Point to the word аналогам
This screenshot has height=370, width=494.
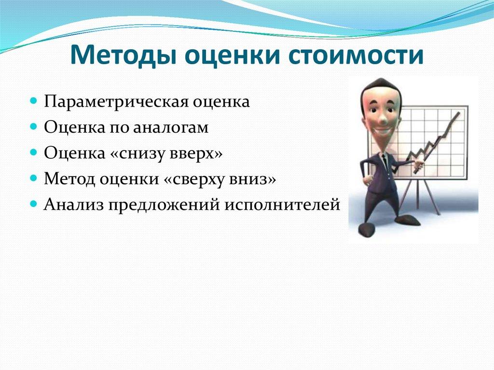tap(170, 128)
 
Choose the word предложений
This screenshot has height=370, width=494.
tap(164, 205)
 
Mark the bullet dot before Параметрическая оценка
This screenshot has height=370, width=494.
tap(33, 101)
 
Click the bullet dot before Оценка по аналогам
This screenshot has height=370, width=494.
tap(33, 127)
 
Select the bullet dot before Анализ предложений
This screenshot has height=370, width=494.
tap(33, 204)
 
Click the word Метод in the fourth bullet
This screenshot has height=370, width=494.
tap(69, 179)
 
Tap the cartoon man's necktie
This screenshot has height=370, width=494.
tap(384, 162)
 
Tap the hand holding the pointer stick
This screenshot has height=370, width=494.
tap(418, 165)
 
